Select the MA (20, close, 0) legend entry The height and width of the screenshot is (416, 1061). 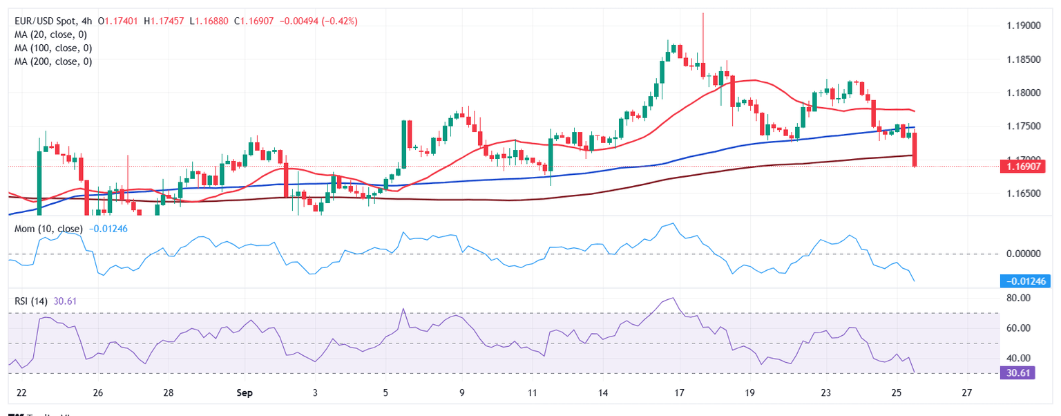(x=52, y=35)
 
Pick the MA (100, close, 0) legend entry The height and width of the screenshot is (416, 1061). (x=55, y=48)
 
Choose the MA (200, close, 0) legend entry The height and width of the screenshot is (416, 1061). (x=55, y=62)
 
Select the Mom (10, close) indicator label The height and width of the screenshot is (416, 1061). (x=48, y=229)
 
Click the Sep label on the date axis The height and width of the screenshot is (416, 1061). (x=244, y=393)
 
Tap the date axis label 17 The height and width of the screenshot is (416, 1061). (x=679, y=393)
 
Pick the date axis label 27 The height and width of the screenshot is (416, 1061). (x=966, y=393)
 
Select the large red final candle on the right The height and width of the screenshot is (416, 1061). (x=915, y=149)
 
